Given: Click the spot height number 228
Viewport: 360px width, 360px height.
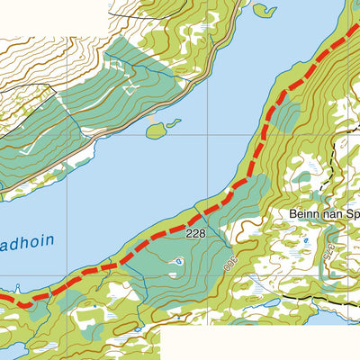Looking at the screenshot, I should coord(196,233).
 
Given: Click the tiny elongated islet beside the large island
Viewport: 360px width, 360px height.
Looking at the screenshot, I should coord(174,122).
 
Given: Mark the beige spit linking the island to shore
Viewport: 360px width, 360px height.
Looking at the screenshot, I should coord(157,117).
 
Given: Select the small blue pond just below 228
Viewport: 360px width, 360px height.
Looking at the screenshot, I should coord(180,262).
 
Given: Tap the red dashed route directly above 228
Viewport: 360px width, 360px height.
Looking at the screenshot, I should coord(196,216).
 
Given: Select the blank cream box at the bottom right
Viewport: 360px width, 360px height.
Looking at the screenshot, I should coord(261,342).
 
